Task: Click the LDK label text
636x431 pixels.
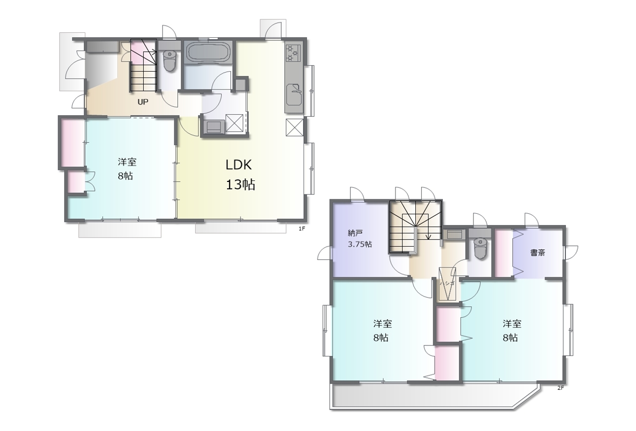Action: pyautogui.click(x=238, y=165)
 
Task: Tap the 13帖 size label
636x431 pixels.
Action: pyautogui.click(x=240, y=184)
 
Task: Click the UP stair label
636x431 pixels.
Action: pyautogui.click(x=143, y=102)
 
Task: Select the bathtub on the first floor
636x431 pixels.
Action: pyautogui.click(x=208, y=52)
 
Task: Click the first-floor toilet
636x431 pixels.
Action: pyautogui.click(x=169, y=61)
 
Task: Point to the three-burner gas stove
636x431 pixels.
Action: pyautogui.click(x=292, y=53)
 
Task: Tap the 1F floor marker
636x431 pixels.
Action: pyautogui.click(x=302, y=229)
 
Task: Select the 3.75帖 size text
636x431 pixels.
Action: pyautogui.click(x=360, y=244)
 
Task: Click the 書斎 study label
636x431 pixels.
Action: pyautogui.click(x=538, y=253)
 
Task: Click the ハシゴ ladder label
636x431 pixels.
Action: pyautogui.click(x=447, y=283)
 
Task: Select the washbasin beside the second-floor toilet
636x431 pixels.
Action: pyautogui.click(x=455, y=235)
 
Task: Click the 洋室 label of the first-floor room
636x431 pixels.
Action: pyautogui.click(x=127, y=162)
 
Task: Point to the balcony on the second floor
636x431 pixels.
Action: pyautogui.click(x=434, y=396)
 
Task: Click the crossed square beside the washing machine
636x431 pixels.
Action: pyautogui.click(x=234, y=123)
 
